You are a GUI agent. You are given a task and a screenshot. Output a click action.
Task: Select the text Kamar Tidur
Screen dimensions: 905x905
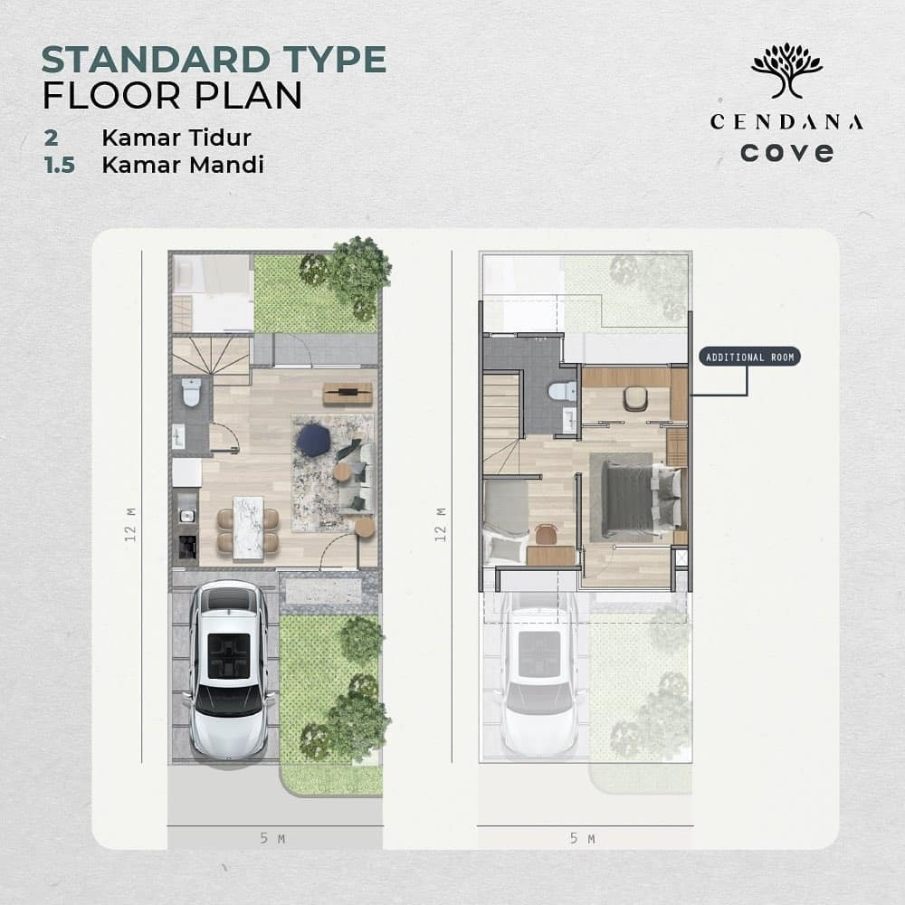pos(176,138)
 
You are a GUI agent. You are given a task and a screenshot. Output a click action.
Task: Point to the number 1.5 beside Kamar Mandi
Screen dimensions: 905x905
pos(58,166)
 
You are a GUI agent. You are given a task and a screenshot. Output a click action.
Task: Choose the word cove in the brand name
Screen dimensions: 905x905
pos(786,151)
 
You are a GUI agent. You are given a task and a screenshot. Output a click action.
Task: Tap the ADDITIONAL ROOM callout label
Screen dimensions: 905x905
pos(750,357)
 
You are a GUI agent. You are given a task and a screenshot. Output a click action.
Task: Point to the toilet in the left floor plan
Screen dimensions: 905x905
pos(191,392)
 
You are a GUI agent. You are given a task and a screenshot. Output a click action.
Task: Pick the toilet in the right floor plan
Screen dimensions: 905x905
pos(563,391)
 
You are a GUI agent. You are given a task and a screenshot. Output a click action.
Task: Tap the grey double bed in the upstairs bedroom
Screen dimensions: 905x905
pos(641,497)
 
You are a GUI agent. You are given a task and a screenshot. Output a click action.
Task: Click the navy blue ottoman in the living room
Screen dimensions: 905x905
pos(313,441)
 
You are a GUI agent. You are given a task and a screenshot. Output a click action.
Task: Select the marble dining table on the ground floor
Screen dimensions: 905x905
pos(248,528)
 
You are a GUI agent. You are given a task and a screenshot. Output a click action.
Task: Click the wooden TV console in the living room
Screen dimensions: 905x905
pos(347,393)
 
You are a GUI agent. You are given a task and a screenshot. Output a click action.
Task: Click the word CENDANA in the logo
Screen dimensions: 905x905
pos(786,121)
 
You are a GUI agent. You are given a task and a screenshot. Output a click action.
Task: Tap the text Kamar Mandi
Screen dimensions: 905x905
pos(183,166)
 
